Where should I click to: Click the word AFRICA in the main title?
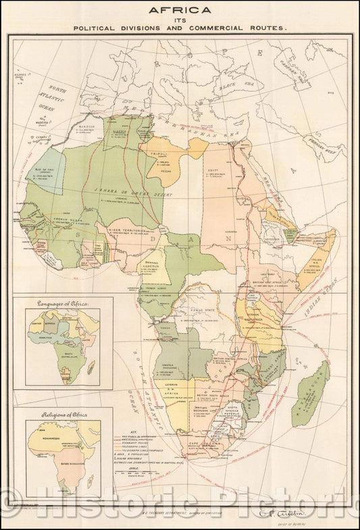coord(180,10)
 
